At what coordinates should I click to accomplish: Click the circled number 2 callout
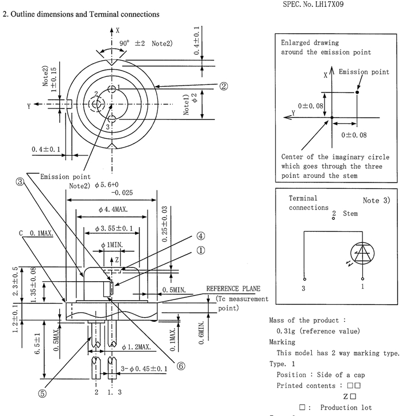tap(223, 86)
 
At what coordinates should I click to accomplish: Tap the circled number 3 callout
tap(20, 182)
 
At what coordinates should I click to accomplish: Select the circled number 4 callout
tap(201, 236)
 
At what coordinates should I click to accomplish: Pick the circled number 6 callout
tap(181, 366)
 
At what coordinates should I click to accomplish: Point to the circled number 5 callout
tap(42, 394)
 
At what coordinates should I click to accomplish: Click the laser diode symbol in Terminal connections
tap(362, 253)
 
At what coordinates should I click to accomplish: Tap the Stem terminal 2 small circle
tap(334, 219)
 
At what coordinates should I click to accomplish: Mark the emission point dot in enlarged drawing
tap(357, 92)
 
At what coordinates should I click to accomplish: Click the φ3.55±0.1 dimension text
tap(114, 228)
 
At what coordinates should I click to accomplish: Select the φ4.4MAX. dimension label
tap(113, 209)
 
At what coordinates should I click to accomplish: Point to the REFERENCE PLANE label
tap(233, 289)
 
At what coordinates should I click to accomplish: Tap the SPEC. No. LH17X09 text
tap(313, 4)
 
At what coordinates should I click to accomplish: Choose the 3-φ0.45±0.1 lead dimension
tap(144, 369)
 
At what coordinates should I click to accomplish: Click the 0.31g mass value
tap(285, 331)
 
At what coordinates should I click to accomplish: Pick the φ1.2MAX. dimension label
tap(137, 347)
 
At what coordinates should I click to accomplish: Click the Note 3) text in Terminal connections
tap(377, 200)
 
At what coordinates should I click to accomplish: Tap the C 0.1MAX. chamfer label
tap(36, 233)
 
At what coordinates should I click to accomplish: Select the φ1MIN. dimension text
tap(112, 245)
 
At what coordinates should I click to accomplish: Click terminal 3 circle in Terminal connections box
tap(304, 279)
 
